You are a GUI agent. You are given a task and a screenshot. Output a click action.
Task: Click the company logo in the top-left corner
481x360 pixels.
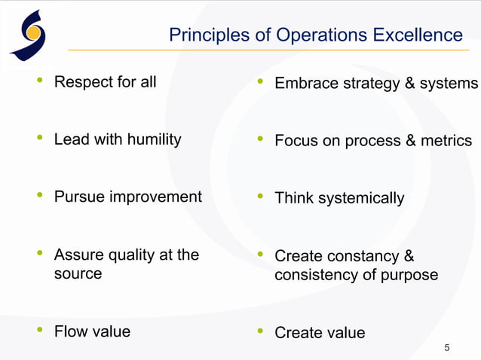[28, 34]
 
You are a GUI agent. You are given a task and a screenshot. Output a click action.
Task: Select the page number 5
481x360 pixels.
[447, 347]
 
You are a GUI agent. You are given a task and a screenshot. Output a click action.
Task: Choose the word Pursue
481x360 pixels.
[79, 197]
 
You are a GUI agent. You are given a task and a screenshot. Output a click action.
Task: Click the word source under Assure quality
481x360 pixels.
[78, 273]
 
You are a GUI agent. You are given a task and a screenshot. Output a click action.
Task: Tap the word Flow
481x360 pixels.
[70, 331]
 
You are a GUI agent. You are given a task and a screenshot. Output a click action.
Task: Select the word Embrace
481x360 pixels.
[306, 83]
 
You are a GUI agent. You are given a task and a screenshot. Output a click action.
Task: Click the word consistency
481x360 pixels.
[315, 274]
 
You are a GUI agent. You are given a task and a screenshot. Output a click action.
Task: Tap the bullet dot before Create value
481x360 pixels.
[259, 331]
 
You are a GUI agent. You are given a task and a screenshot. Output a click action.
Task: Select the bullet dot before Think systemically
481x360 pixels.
[259, 197]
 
